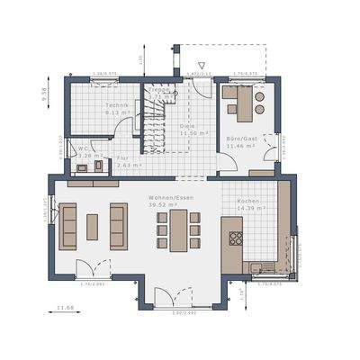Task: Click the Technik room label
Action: (x=117, y=105)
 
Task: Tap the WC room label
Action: (x=82, y=148)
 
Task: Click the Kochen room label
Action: (x=248, y=201)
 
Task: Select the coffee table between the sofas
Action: (x=93, y=227)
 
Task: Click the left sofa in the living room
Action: (x=68, y=226)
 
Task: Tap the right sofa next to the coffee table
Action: (x=118, y=226)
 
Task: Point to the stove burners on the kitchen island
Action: (x=237, y=238)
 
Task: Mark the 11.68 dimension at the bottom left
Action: (x=66, y=309)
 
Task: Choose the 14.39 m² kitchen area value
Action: (x=251, y=208)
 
